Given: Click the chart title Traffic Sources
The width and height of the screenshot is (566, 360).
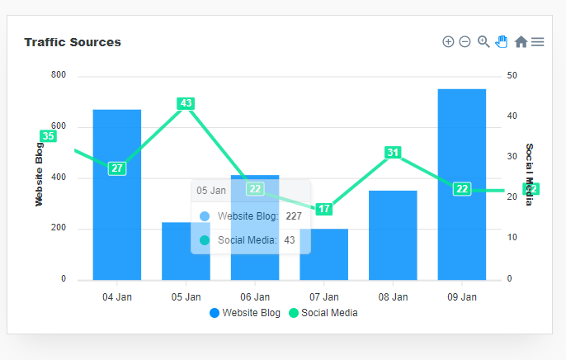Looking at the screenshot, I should (73, 42).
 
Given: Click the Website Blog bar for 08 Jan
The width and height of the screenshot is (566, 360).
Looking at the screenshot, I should (393, 235).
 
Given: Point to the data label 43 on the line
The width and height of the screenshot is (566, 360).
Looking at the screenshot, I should (186, 103).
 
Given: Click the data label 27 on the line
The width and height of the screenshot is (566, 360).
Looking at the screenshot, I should (117, 168).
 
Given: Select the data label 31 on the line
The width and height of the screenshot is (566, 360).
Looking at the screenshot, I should (393, 152).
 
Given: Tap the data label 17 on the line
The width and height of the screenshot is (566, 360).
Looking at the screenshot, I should (323, 209).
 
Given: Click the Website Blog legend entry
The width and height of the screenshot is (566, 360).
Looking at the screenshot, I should (245, 313).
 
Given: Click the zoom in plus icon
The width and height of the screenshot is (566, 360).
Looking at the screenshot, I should (448, 41).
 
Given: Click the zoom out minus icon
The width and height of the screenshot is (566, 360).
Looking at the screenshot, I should (465, 41).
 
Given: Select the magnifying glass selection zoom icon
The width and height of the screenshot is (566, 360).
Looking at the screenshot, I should (483, 41).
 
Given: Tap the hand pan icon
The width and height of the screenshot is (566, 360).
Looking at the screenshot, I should (502, 41).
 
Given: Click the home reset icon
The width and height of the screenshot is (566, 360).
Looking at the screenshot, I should (521, 41).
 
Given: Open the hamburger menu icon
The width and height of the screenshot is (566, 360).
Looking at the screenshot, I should (538, 41).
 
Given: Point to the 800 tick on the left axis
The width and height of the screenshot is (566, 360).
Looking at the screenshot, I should (58, 75).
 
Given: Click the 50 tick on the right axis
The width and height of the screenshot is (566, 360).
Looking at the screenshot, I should (512, 75).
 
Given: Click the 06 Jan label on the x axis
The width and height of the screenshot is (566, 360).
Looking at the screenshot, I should (255, 296).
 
